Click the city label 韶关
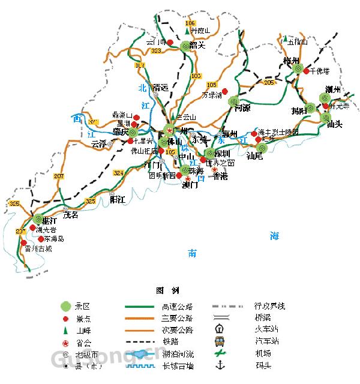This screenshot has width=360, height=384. coord(197,45)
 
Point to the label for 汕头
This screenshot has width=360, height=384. coord(334,124)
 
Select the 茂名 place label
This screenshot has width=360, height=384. coord(71,215)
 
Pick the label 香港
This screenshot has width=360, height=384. coord(221,176)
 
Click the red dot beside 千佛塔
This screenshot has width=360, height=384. coord(306,71)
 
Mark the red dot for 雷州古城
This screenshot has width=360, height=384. coord(23,244)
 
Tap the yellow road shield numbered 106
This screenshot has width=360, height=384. coord(191,23)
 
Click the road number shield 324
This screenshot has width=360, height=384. coord(118,173)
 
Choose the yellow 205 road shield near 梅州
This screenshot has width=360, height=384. coord(268,82)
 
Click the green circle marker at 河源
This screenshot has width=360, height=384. coord(234,101)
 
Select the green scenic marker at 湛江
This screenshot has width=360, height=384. coord(39,220)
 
